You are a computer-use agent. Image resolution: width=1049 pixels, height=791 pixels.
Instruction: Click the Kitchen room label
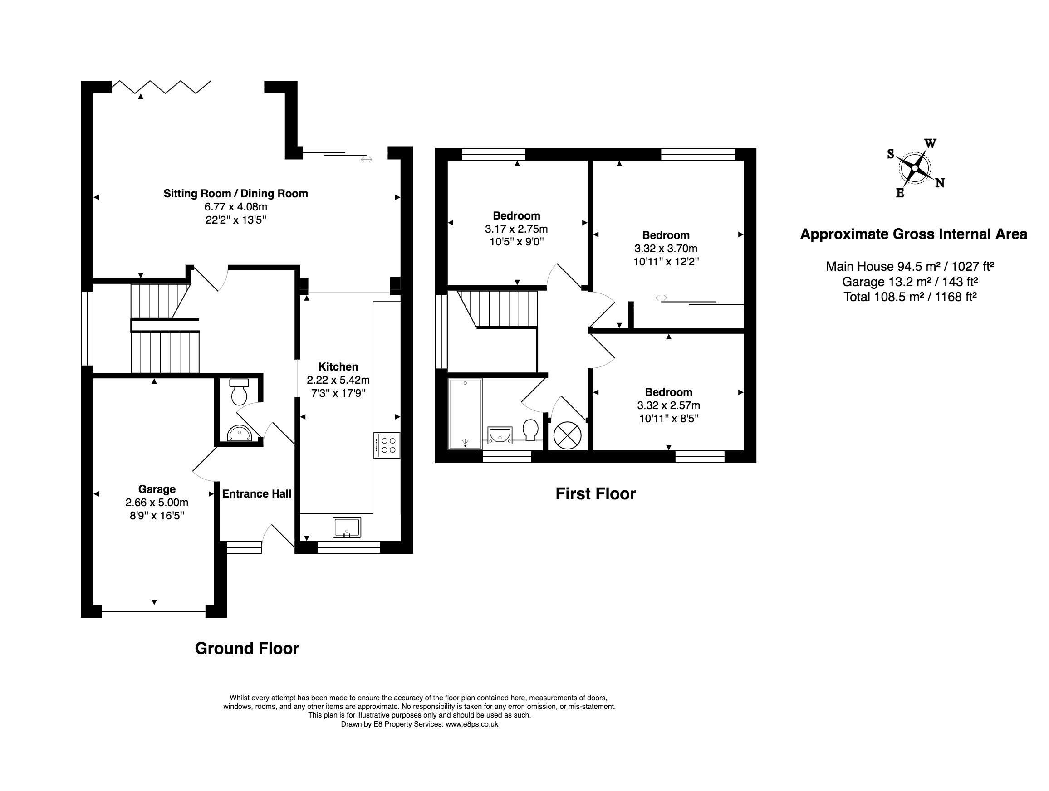(338, 366)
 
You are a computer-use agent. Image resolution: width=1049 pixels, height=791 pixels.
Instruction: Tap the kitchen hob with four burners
(387, 445)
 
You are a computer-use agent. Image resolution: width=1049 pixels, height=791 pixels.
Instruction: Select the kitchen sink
(347, 527)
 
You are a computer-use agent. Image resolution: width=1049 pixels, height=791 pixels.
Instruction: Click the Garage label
(157, 489)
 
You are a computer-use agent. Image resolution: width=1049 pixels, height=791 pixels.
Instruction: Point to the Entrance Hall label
(256, 494)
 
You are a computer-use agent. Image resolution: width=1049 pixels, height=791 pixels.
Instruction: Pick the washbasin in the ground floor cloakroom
(239, 433)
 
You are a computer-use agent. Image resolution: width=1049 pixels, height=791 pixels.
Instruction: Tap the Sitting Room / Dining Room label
(235, 193)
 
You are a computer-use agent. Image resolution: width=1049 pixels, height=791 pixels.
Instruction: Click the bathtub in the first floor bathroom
(465, 413)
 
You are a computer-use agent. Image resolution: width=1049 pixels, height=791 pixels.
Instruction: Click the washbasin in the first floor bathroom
(500, 435)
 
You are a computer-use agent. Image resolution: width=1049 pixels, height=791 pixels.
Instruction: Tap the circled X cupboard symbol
(568, 435)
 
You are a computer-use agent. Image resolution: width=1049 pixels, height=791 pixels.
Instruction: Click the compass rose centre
(914, 167)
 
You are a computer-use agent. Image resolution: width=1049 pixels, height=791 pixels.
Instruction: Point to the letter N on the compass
(940, 183)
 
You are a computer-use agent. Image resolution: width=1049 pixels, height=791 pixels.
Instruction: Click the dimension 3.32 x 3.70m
(666, 249)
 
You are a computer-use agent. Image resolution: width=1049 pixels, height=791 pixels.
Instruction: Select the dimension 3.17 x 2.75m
(516, 229)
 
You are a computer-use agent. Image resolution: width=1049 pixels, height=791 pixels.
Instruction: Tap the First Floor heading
(596, 494)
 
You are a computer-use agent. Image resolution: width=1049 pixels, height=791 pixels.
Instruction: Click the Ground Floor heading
(247, 648)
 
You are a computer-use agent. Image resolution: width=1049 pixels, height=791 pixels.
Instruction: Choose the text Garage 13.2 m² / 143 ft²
(910, 282)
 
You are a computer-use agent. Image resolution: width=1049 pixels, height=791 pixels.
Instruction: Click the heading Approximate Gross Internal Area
(913, 234)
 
